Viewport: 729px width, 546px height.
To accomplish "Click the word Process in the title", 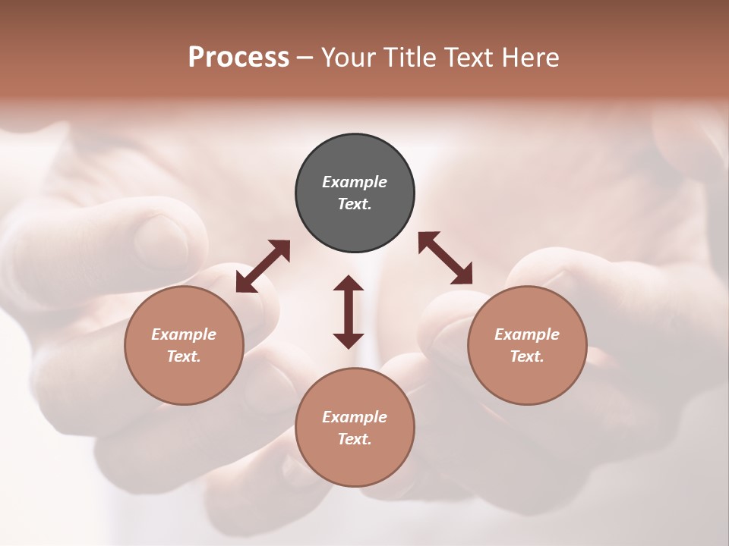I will [x=238, y=58].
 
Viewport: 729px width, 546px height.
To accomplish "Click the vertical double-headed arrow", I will [x=349, y=312].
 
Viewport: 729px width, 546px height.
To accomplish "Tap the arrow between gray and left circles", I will [x=263, y=265].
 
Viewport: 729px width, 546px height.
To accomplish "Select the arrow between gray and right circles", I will [x=445, y=258].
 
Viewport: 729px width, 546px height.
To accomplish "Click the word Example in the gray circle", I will [x=355, y=182].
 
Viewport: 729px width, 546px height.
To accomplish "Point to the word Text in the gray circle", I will [x=353, y=204].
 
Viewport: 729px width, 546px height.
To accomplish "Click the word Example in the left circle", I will [x=184, y=334].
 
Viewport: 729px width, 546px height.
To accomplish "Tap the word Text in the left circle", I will [x=182, y=356].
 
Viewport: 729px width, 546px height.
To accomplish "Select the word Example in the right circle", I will [x=527, y=334].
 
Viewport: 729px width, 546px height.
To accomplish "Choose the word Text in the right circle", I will [x=525, y=356].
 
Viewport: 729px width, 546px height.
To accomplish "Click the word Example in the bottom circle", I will [x=355, y=417].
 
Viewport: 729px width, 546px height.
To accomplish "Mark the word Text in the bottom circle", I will [x=353, y=439].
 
